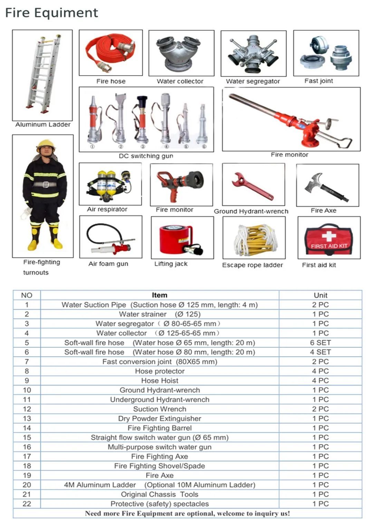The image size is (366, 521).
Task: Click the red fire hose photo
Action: [x=110, y=52]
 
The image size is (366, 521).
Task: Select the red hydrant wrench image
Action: [x=253, y=187]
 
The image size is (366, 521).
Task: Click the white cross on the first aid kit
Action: [x=328, y=237]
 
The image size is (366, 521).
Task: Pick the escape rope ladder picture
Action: [x=254, y=239]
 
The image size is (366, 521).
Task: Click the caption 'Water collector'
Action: [x=180, y=81]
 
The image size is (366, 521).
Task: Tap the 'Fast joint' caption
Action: [x=318, y=81]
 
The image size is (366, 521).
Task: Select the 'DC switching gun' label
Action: [x=146, y=156]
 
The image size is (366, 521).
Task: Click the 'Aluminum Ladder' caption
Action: [x=43, y=125]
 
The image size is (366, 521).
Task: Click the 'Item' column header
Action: [x=160, y=295]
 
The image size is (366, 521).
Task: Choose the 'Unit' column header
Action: [x=320, y=295]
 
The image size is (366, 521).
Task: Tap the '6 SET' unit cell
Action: [x=320, y=343]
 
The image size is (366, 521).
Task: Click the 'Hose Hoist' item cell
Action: [x=160, y=381]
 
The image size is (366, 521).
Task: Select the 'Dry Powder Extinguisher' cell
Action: [x=160, y=419]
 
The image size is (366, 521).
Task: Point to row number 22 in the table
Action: [x=27, y=504]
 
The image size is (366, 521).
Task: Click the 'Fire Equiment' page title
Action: [x=52, y=13]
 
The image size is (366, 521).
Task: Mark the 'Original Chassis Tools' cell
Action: [x=160, y=494]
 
